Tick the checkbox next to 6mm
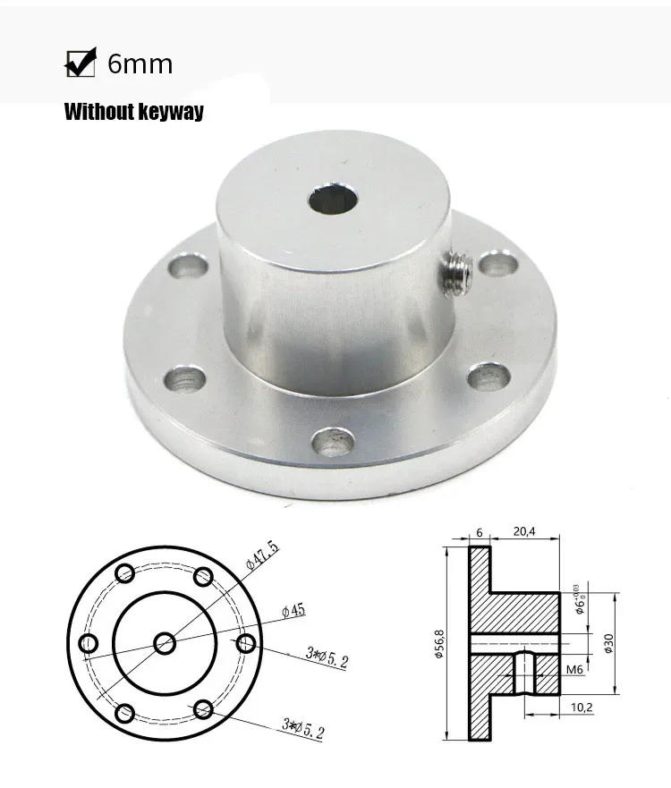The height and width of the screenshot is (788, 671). click(81, 64)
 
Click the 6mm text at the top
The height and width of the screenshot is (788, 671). click(140, 64)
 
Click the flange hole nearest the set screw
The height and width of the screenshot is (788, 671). click(493, 265)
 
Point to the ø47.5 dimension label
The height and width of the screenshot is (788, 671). click(261, 558)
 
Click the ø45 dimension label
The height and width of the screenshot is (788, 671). click(293, 610)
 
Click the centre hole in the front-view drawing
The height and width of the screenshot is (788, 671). click(166, 642)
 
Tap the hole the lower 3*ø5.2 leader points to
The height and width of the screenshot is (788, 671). click(203, 710)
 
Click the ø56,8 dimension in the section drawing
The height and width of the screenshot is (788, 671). click(439, 641)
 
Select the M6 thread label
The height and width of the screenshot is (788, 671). click(576, 669)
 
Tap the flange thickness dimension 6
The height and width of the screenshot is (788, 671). click(479, 531)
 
